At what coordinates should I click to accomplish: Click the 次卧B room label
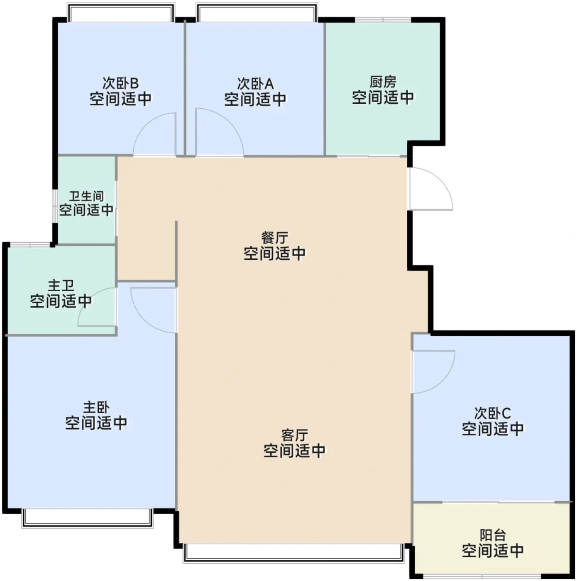point(121,83)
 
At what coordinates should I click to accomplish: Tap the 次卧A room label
point(255,83)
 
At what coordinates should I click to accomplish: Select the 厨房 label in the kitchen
point(383,82)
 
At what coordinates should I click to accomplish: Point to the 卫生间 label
point(87,196)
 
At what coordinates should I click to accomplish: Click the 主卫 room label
point(61,285)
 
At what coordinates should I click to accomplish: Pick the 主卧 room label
point(97,407)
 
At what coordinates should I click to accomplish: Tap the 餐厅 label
point(274,238)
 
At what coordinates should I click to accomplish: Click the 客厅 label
point(295,435)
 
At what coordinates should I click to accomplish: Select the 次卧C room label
point(493,413)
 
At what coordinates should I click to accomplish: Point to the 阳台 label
point(493,535)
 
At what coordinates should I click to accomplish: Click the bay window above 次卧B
point(121,12)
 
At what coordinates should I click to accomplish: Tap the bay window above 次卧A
point(257,12)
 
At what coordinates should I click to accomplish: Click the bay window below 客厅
point(294,553)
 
